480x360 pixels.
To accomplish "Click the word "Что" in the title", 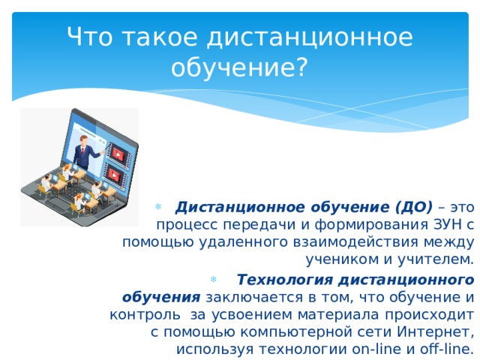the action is pos(89,37).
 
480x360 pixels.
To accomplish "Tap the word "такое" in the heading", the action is pos(160,37).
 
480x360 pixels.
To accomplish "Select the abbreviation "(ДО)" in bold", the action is pos(414,207).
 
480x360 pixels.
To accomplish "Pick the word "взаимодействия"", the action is pos(355,241).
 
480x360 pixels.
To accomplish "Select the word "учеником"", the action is pos(342,259).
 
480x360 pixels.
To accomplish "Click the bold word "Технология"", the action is pos(284,280).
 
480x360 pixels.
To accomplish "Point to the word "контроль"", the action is pos(145,315).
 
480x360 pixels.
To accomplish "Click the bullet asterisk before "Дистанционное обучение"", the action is pos(158,207).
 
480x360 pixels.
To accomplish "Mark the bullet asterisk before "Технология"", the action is pos(213,279).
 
